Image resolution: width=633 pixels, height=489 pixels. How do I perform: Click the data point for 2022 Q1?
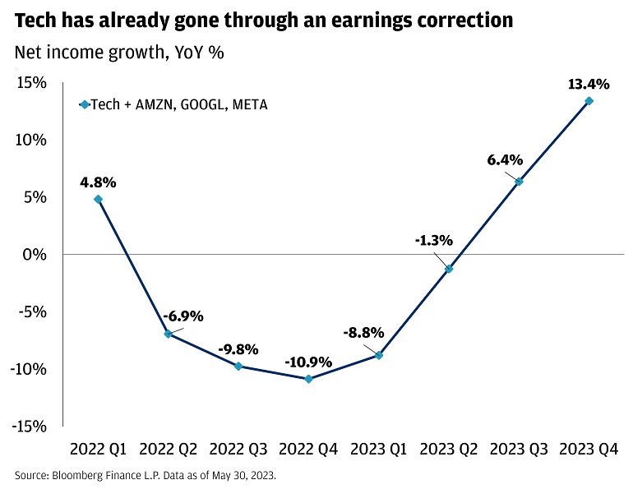(99, 199)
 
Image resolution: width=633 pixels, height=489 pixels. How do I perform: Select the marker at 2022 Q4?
(309, 379)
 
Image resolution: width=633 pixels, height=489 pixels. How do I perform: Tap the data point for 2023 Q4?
(589, 101)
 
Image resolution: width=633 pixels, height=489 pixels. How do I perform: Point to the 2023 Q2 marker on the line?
(449, 269)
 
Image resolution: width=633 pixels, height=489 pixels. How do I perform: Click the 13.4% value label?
(589, 84)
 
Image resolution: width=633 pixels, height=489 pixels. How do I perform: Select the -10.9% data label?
(309, 362)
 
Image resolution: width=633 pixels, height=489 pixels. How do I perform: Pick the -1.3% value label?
(433, 241)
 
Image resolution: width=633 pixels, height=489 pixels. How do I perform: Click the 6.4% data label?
(504, 160)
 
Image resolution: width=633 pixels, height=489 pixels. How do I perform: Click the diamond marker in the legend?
(83, 104)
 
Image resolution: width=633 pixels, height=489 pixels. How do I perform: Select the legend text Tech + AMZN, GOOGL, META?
(178, 104)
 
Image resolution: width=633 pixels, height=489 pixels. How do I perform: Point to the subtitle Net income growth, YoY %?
(119, 53)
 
